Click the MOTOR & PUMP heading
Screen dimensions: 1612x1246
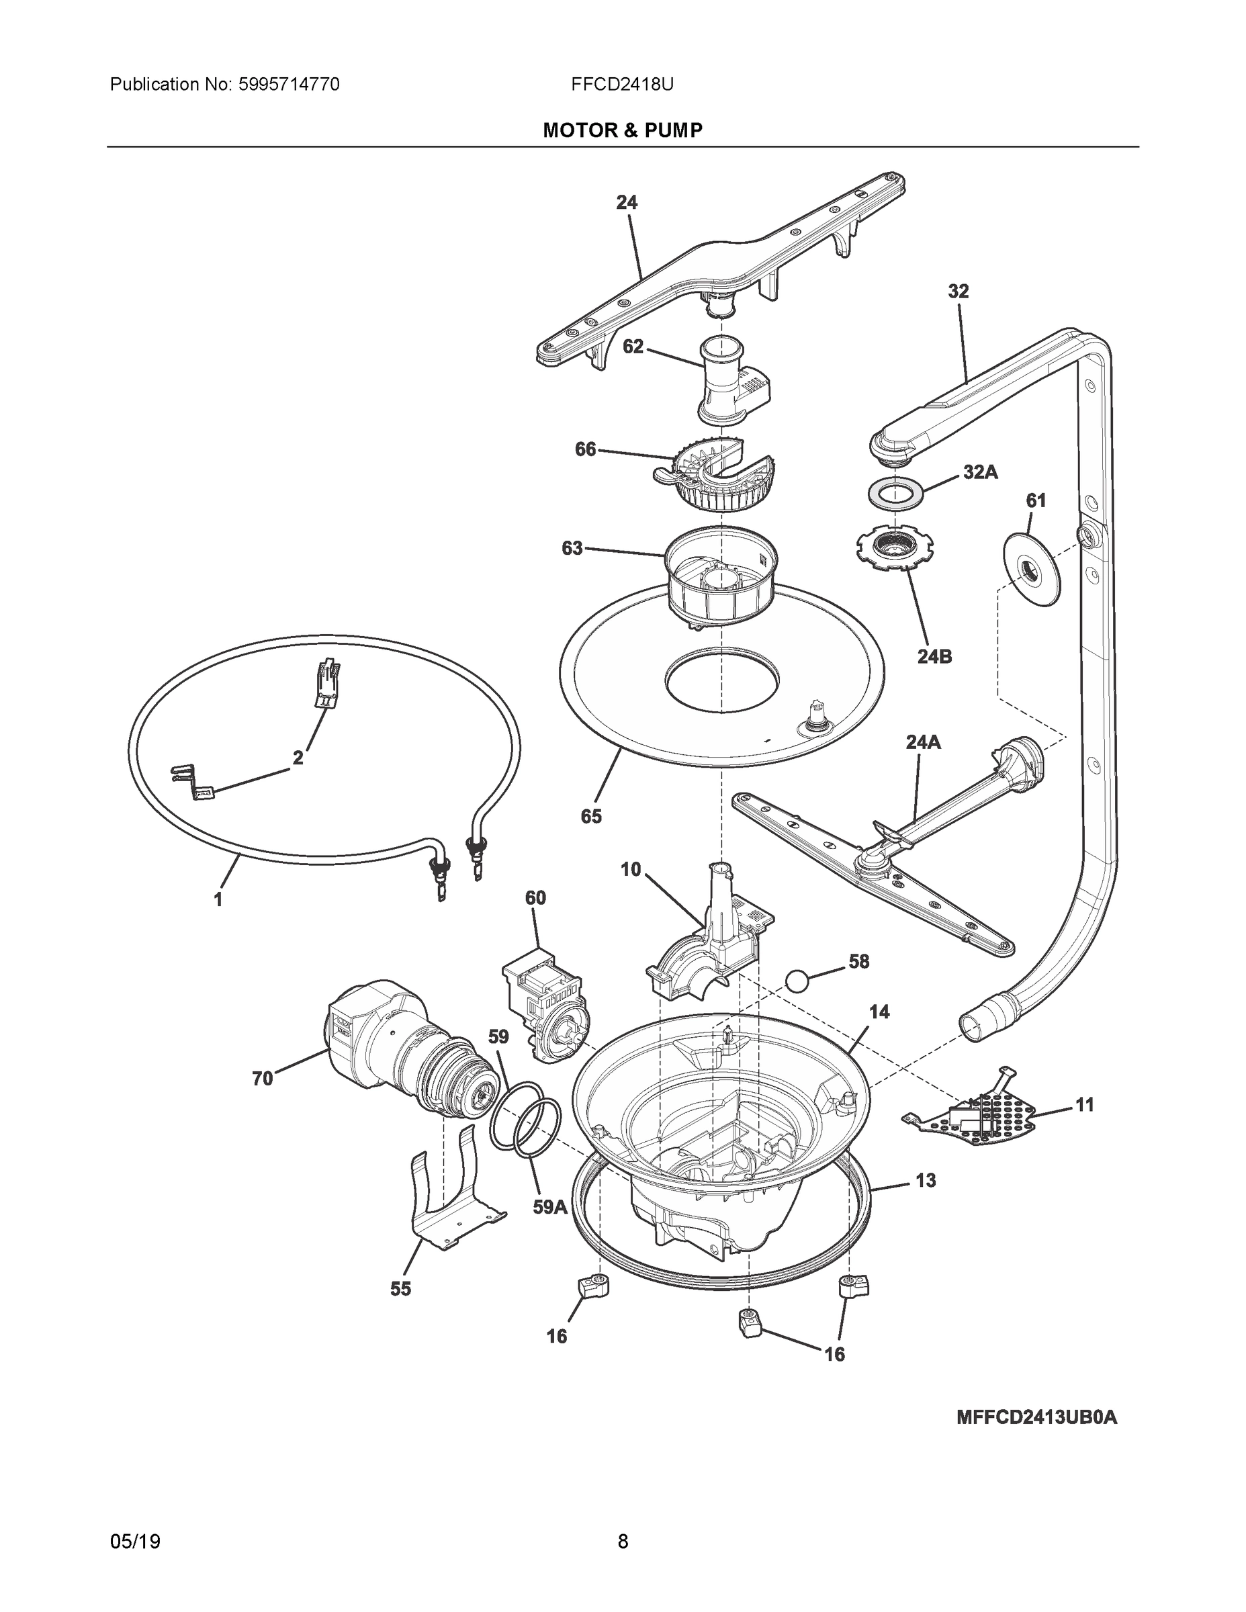click(622, 131)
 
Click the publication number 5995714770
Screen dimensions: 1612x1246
click(289, 85)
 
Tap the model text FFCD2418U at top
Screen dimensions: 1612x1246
click(621, 85)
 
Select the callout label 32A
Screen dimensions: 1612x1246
click(979, 472)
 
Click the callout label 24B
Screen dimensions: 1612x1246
click(934, 656)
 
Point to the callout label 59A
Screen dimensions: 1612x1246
click(550, 1208)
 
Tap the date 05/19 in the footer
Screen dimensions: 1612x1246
click(135, 1542)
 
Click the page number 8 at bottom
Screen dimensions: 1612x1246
click(622, 1542)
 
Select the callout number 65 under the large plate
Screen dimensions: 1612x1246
click(590, 815)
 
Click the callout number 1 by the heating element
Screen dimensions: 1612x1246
click(218, 900)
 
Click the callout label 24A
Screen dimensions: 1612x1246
click(923, 742)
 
